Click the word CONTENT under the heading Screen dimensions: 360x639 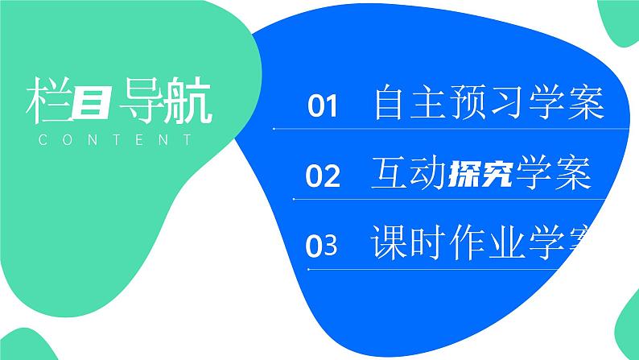115,140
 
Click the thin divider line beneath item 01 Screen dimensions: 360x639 451,129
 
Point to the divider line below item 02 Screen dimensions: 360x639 451,199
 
